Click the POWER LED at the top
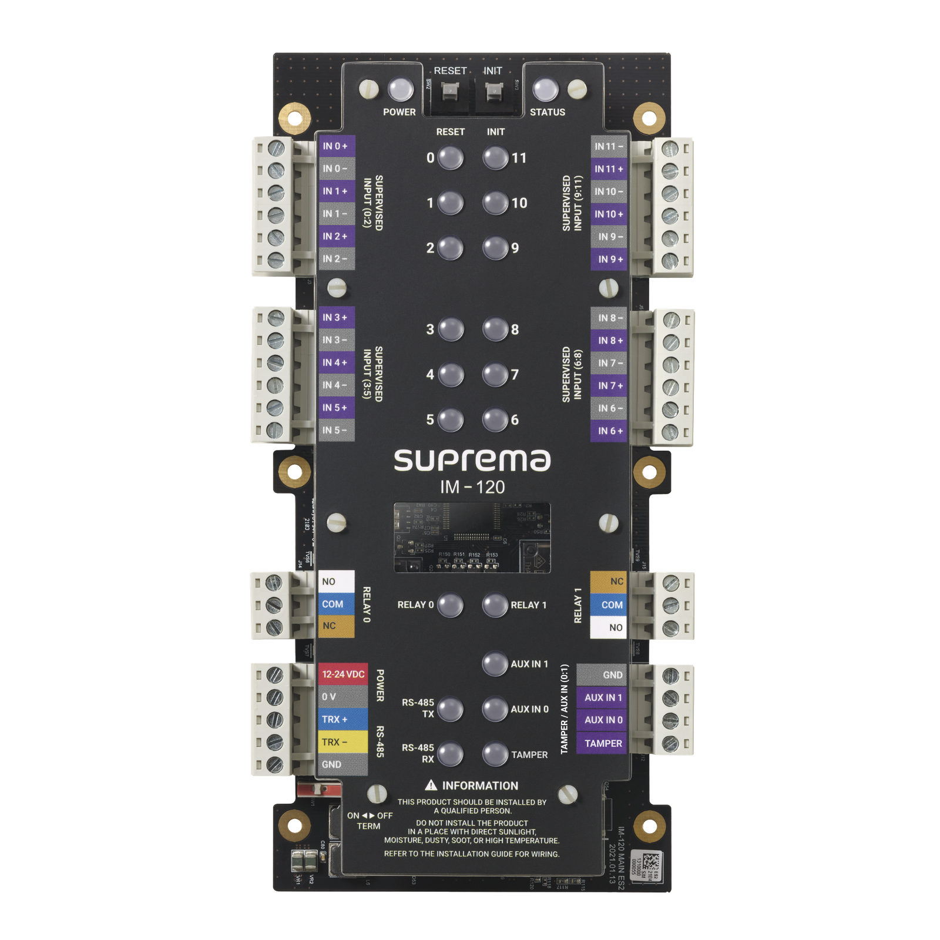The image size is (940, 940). (401, 90)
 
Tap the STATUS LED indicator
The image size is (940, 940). (545, 90)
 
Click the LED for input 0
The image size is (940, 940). (451, 157)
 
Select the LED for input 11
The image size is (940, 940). (495, 157)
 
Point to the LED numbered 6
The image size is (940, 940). (495, 419)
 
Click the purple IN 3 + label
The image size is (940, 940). (336, 317)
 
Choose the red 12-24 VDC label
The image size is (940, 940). (343, 674)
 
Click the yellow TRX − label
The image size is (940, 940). (343, 742)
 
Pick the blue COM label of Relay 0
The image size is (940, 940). (336, 604)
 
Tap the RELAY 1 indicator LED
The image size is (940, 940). (495, 605)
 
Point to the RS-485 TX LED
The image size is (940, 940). (451, 709)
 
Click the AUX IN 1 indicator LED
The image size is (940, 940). (495, 664)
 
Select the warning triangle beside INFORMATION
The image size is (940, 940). (431, 785)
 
